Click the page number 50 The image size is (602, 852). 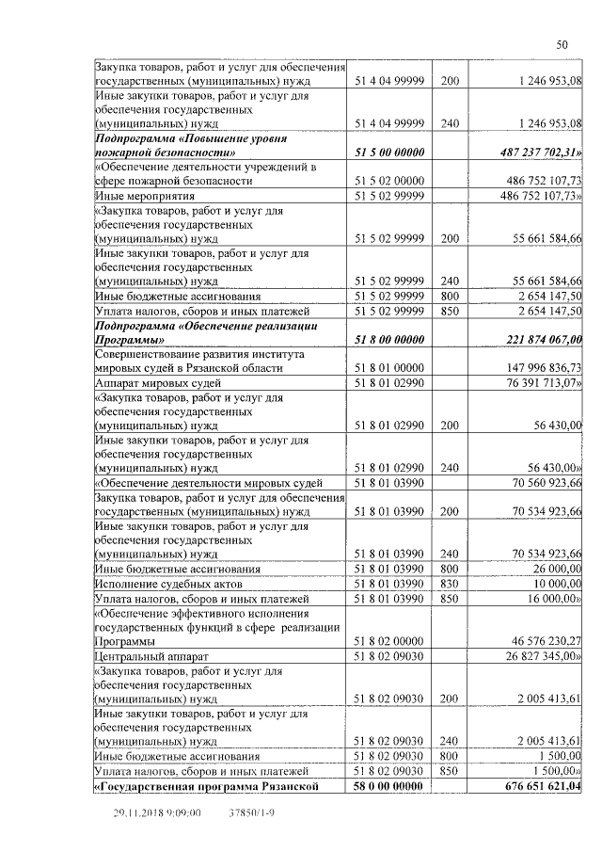(562, 44)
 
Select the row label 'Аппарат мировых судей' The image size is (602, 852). (158, 383)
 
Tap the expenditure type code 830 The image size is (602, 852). (449, 584)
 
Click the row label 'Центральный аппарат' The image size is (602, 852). (151, 656)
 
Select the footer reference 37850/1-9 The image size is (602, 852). (251, 812)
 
